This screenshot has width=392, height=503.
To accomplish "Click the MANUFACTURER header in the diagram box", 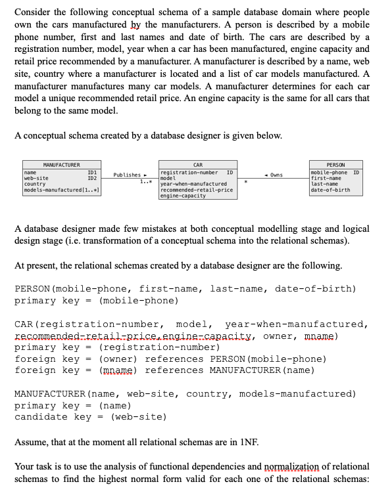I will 61,164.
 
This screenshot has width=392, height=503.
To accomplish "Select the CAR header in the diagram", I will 198,164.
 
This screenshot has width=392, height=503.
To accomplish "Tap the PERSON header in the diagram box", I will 335,164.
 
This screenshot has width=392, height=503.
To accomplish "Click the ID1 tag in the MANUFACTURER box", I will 93,172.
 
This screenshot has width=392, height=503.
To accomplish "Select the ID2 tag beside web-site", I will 93,178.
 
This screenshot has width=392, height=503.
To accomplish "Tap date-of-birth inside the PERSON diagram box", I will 330,190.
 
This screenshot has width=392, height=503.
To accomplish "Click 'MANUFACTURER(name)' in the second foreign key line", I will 259,370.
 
